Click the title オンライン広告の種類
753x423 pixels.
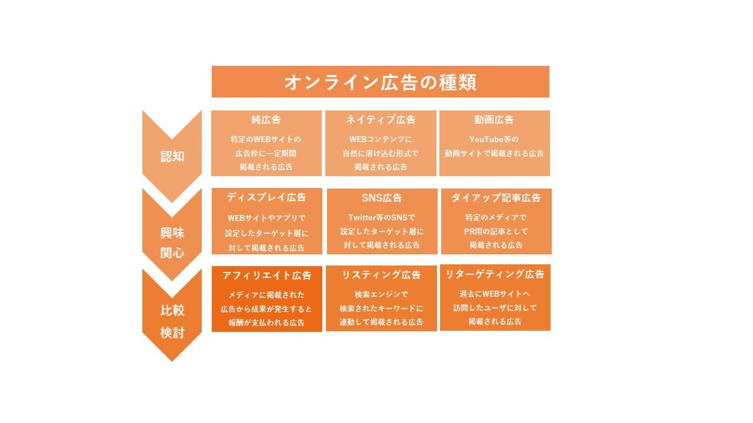380,83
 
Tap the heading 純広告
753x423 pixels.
266,120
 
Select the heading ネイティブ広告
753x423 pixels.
381,120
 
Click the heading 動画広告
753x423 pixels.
494,120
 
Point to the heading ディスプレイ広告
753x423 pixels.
267,197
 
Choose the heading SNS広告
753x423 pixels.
382,198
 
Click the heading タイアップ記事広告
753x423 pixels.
496,198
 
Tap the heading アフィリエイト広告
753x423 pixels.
267,275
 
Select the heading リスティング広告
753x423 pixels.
381,275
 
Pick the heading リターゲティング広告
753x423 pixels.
495,274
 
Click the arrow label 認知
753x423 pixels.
172,156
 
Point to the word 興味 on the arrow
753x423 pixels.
172,233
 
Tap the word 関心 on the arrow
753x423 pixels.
172,253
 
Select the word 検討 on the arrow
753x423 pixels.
172,332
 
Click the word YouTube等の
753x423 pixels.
494,139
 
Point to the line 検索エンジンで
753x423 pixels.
381,294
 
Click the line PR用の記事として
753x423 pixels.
496,231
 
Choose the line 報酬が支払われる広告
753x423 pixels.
266,323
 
